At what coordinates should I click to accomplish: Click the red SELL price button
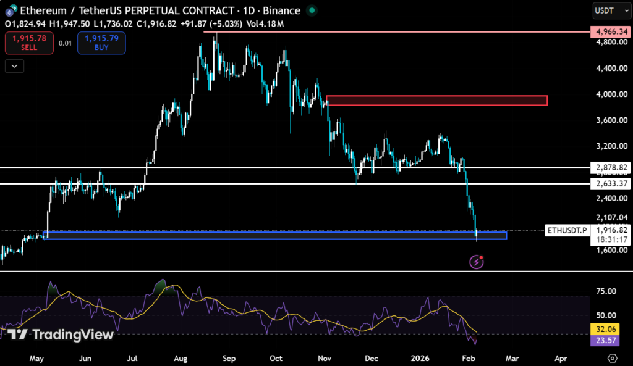tap(28, 43)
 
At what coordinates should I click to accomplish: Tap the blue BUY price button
tap(101, 43)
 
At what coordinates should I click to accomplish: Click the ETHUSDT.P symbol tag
tap(566, 230)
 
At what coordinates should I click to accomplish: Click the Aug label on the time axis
tap(181, 358)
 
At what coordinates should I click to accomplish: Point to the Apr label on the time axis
tap(561, 358)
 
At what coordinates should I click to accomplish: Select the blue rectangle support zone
tap(275, 235)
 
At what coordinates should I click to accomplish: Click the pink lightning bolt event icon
tap(477, 262)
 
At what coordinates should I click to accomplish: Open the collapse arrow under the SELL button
tap(14, 65)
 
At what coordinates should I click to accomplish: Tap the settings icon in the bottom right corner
tap(613, 358)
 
